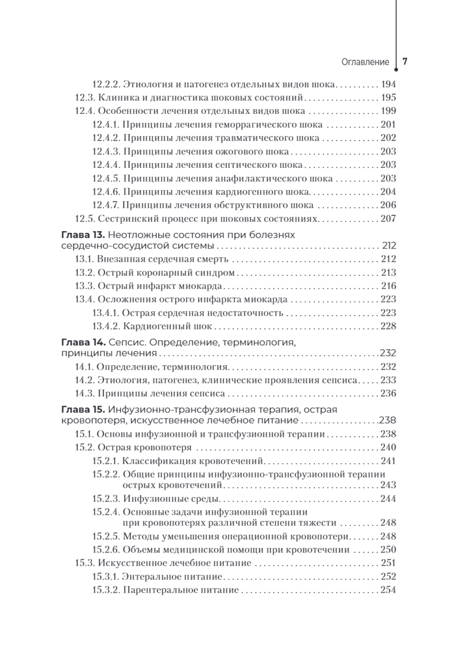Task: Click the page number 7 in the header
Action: pos(405,61)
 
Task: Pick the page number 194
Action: pos(388,84)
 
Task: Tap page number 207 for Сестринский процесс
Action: pos(388,218)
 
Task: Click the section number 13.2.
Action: pos(84,273)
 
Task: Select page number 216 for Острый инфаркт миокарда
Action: pos(388,286)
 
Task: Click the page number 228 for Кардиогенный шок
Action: pos(388,326)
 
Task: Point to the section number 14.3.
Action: pos(84,394)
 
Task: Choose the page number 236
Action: pos(388,394)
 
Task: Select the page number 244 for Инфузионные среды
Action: pos(388,499)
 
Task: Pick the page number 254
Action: pos(388,590)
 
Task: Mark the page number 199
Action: pos(388,111)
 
